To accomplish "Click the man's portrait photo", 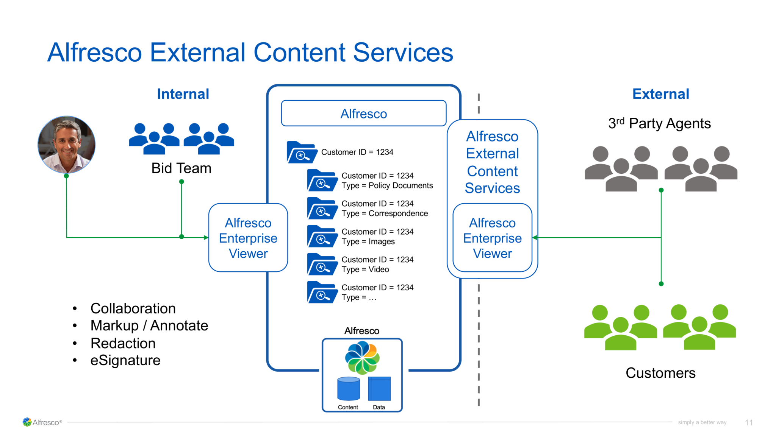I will tap(66, 144).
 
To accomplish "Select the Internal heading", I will tap(183, 94).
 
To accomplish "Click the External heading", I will tap(660, 94).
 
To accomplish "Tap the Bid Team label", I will tap(181, 168).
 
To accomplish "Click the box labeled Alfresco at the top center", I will tap(363, 114).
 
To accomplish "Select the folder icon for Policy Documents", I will tap(322, 181).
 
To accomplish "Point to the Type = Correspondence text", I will tap(385, 213).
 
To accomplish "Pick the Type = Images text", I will tap(368, 241).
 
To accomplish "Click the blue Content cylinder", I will tap(348, 389).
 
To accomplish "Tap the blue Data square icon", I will tap(379, 389).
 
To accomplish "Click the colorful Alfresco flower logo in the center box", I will tap(362, 357).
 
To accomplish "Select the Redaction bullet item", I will tap(123, 343).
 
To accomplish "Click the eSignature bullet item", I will tap(125, 360).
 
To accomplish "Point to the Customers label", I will tap(660, 373).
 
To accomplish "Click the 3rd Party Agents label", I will tap(659, 123).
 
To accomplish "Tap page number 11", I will tap(748, 422).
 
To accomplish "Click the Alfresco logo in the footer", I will tap(42, 422).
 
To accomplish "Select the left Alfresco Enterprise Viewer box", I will tap(248, 238).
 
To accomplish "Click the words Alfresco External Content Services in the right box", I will tap(492, 162).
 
